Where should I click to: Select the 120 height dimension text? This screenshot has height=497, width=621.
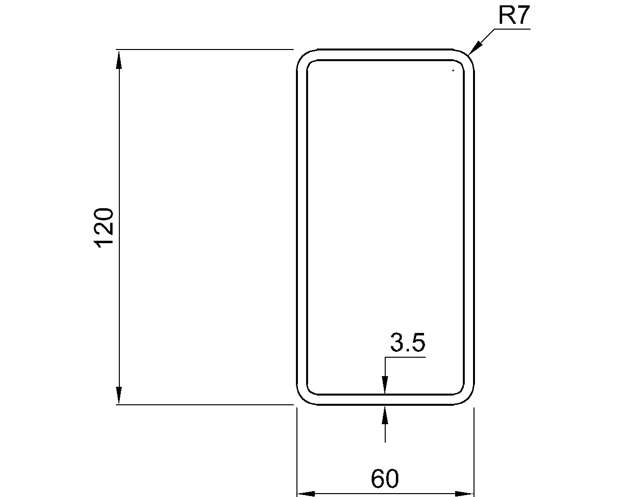[x=104, y=228]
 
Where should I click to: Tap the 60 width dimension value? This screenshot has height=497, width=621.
[x=385, y=479]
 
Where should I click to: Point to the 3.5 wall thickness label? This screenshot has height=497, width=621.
[x=408, y=343]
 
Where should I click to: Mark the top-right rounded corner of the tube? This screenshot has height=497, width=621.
[x=467, y=56]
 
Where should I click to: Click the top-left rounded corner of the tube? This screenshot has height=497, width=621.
[x=304, y=56]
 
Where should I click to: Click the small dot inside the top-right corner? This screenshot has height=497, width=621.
[x=453, y=71]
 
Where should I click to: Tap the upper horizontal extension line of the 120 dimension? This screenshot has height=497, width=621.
[x=204, y=50]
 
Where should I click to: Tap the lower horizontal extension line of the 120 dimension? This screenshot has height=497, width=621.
[x=204, y=404]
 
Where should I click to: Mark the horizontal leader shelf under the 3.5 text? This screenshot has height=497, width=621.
[x=405, y=358]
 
